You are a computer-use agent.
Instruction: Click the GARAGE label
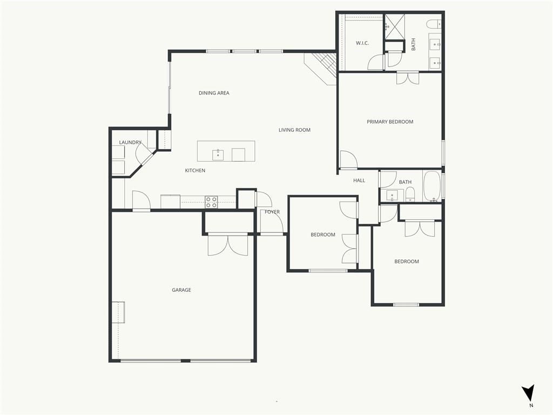click(x=181, y=290)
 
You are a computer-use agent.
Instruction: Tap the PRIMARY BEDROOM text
click(x=390, y=122)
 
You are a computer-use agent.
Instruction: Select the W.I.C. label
click(x=362, y=43)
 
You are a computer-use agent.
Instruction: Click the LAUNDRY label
click(x=130, y=142)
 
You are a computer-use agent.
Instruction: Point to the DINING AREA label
click(x=214, y=93)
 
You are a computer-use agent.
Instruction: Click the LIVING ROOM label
click(x=294, y=130)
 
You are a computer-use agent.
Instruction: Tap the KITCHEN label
click(x=195, y=170)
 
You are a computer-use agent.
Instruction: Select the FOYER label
click(x=272, y=212)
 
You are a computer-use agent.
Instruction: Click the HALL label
click(x=359, y=180)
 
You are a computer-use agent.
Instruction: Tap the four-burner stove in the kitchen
click(x=211, y=202)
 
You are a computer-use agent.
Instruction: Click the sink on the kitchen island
click(x=218, y=155)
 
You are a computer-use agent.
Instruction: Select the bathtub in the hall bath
click(x=432, y=186)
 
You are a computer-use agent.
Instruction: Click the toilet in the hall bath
click(x=410, y=195)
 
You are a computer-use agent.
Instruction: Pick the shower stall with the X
click(x=394, y=27)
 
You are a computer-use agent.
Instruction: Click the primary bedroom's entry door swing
click(x=348, y=159)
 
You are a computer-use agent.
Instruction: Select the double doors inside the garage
click(x=228, y=245)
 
